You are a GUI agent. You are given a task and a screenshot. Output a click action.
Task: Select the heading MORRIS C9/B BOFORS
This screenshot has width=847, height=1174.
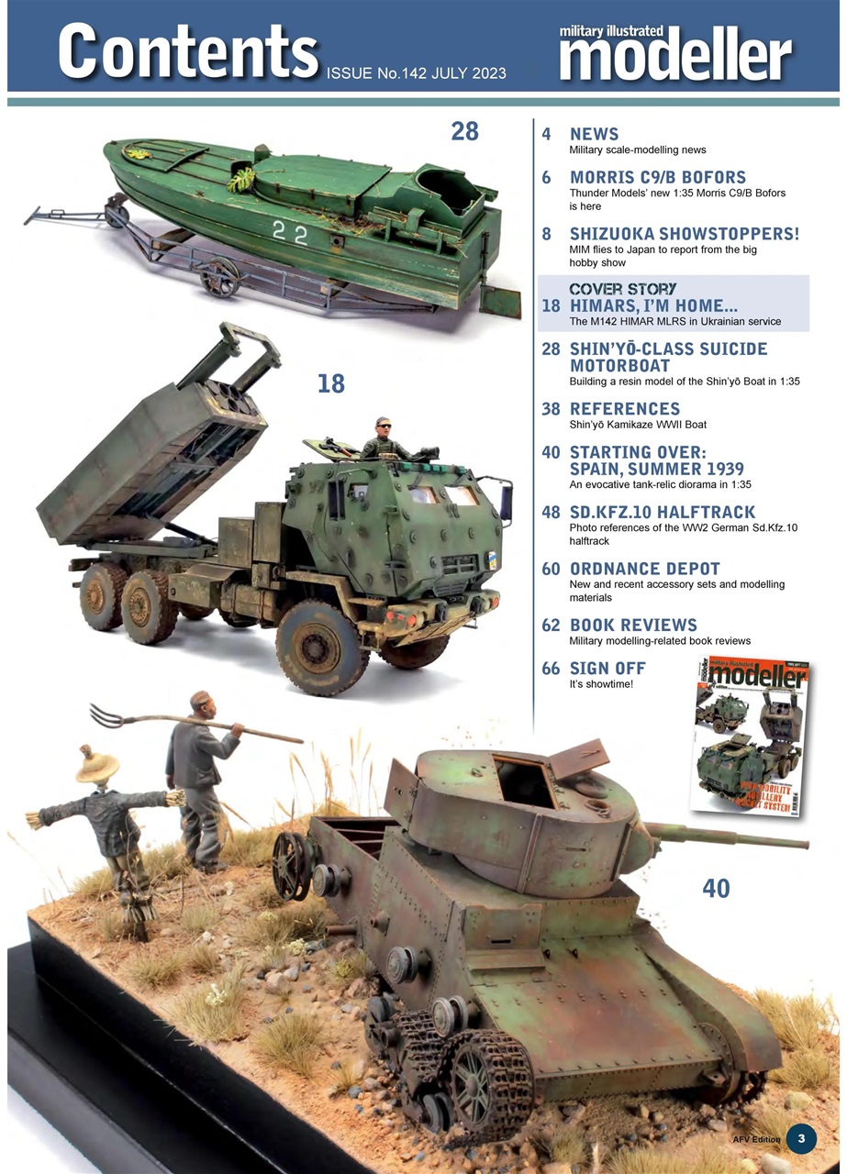tap(657, 177)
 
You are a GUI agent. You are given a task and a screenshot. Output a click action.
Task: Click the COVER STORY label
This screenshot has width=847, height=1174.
tap(623, 289)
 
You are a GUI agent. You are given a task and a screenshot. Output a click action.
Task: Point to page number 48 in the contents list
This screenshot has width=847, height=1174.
tap(551, 512)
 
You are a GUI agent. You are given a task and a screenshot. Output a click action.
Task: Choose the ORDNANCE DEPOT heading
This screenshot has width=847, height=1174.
tap(644, 569)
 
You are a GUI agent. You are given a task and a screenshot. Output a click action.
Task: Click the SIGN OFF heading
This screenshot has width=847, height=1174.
tap(607, 668)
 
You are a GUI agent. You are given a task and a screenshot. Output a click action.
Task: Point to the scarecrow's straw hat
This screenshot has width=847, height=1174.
tap(97, 763)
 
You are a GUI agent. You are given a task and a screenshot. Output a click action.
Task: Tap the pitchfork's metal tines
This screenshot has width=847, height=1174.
tap(106, 714)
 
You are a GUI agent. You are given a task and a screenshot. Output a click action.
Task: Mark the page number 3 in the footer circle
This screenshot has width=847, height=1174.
tap(801, 1138)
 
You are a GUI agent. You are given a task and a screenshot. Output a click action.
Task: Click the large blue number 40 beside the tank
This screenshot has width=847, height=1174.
tap(716, 887)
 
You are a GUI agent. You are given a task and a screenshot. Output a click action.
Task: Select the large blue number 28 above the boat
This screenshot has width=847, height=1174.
tap(464, 131)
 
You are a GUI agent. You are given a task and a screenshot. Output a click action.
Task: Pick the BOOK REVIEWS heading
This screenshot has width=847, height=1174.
tap(633, 626)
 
